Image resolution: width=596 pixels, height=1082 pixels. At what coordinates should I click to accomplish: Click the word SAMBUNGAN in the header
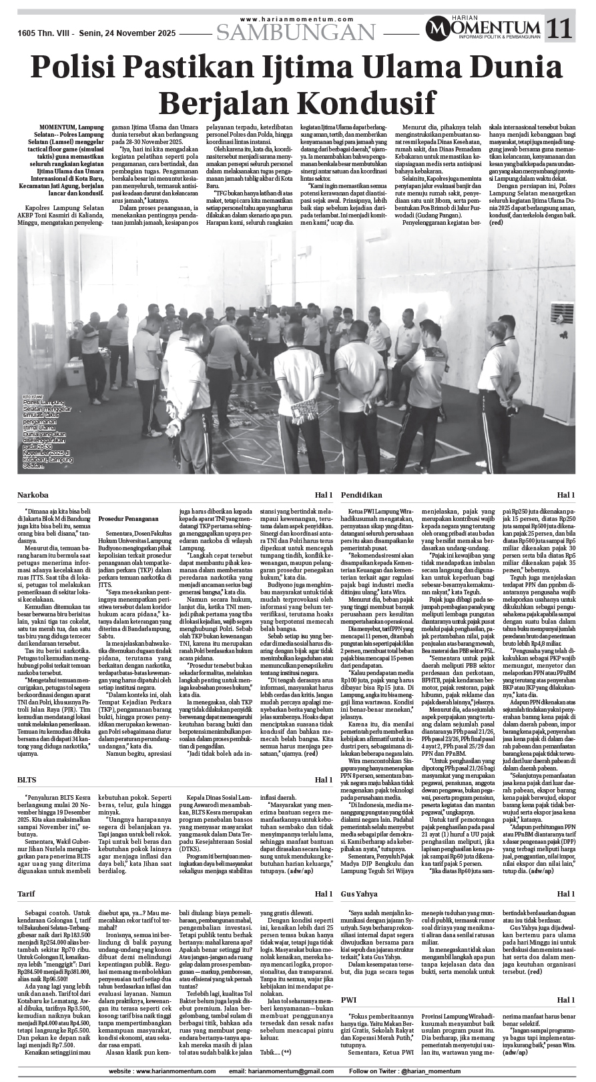[x=296, y=31]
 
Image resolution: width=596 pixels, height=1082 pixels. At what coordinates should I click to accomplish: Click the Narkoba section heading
[x=33, y=495]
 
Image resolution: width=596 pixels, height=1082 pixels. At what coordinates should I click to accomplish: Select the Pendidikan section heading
[x=361, y=495]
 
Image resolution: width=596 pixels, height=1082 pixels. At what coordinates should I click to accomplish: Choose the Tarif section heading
[x=27, y=893]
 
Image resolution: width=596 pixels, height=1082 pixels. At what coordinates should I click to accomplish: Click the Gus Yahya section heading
[x=359, y=893]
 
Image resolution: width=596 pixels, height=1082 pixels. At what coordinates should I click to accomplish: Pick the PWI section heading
[x=348, y=999]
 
